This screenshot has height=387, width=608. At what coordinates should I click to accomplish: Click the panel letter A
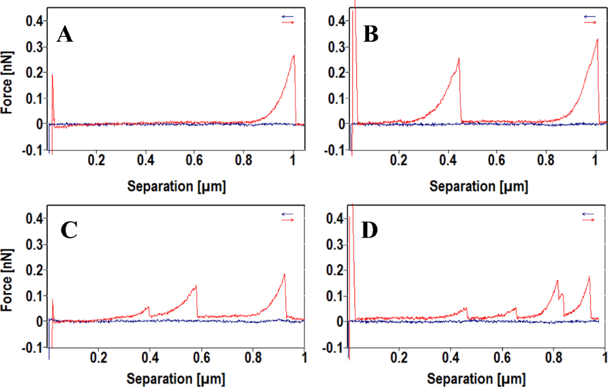(65, 34)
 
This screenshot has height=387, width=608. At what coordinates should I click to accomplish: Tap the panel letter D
(370, 231)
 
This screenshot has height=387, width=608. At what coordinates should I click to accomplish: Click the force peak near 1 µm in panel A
(293, 56)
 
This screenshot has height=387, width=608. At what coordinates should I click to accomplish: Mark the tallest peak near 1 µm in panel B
(597, 40)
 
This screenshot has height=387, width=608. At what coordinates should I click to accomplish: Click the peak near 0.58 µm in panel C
(196, 285)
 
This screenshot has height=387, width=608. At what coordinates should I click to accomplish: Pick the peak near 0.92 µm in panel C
(285, 274)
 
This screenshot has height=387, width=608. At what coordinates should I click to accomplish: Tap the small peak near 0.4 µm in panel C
(149, 307)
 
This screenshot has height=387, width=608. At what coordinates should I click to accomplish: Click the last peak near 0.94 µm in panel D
(589, 276)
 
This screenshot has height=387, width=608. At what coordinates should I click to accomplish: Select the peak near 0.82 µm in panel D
(558, 281)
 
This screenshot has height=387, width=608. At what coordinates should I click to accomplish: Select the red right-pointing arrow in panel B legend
(590, 23)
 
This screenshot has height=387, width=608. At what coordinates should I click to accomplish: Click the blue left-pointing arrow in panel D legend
(590, 213)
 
